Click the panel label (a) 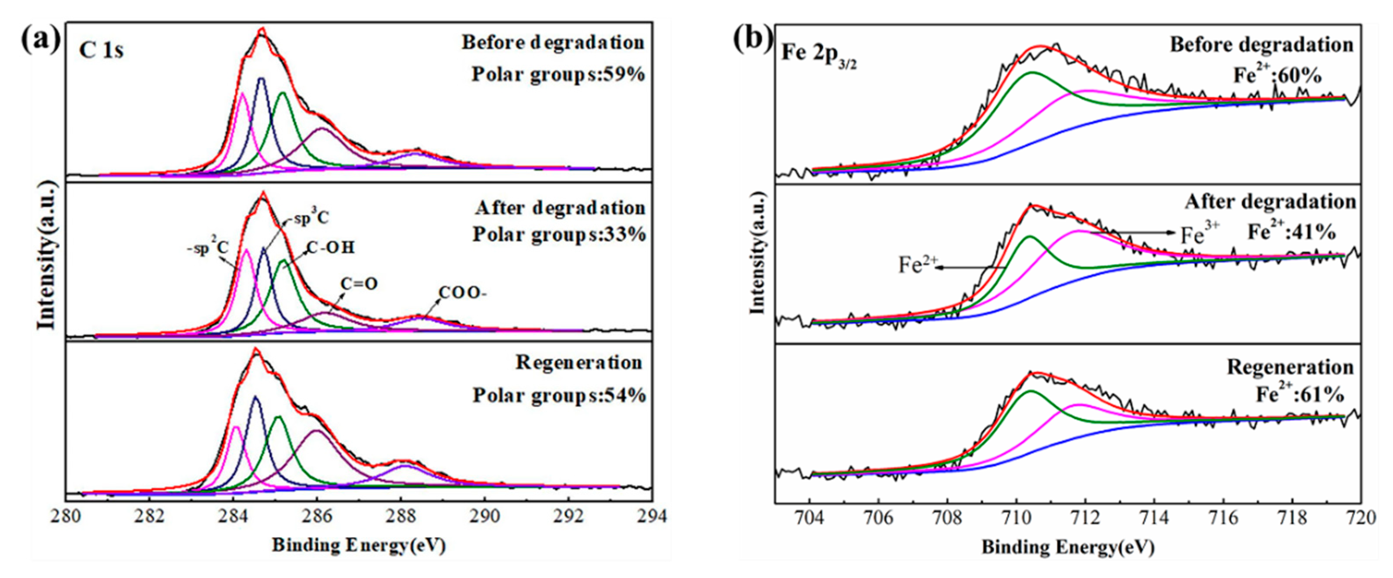[40, 40]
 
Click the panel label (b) [753, 40]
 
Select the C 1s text [101, 50]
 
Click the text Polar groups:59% [558, 75]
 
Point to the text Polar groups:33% [559, 235]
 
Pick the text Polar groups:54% [559, 396]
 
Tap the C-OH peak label [330, 248]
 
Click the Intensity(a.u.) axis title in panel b [758, 254]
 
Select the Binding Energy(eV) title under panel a [359, 545]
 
